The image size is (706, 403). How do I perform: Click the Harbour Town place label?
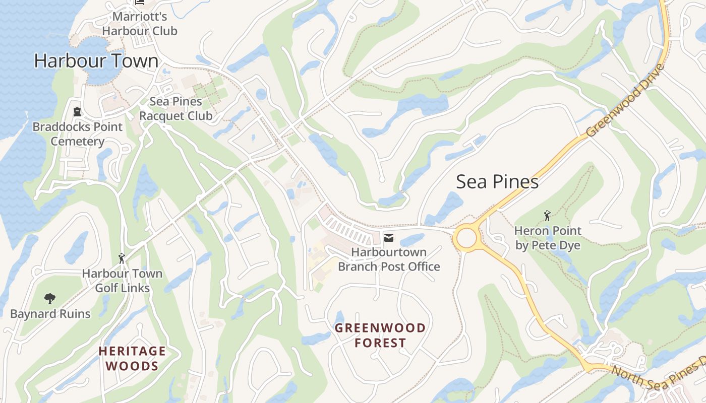[96, 61]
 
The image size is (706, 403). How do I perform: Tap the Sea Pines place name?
[497, 182]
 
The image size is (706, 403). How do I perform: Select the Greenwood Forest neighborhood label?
[380, 335]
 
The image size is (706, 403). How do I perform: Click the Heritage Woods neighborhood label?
[132, 358]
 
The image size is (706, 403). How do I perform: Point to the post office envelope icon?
[389, 237]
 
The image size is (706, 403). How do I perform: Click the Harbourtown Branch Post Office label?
[389, 259]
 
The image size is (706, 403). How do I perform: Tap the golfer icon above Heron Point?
[547, 216]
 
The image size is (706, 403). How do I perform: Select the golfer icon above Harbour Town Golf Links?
[122, 258]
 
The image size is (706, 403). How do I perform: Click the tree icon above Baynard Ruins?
[50, 299]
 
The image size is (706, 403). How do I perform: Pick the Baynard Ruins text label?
[50, 314]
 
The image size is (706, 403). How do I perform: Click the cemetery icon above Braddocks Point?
[77, 111]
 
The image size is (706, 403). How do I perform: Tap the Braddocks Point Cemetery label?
[77, 134]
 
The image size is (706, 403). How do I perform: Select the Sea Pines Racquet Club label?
[175, 108]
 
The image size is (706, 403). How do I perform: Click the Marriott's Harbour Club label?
[140, 24]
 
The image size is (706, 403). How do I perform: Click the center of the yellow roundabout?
[466, 238]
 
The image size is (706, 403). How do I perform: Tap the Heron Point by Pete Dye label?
[547, 238]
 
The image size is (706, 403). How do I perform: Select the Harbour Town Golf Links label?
[123, 281]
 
